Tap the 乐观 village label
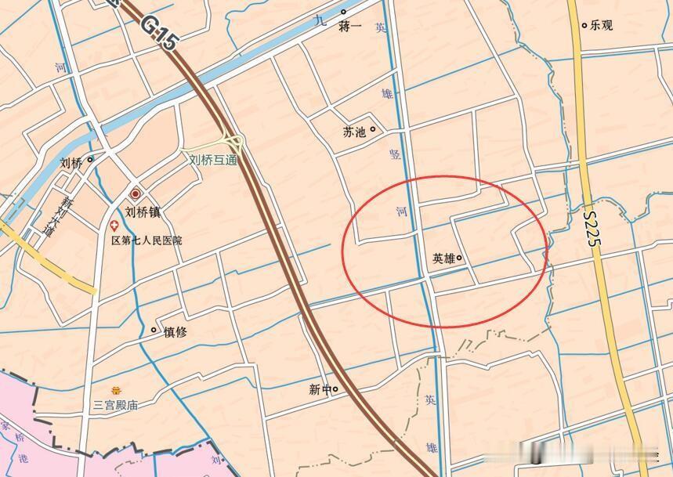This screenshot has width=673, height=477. point(602,25)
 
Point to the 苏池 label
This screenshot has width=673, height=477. point(354,132)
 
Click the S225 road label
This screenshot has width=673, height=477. point(592,228)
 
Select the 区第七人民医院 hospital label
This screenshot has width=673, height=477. point(147,240)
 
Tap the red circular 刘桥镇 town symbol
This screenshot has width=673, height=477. point(136,193)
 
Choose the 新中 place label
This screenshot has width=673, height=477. point(320,389)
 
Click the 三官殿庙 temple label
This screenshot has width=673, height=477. point(116,405)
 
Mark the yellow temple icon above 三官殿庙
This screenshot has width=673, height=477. point(117,389)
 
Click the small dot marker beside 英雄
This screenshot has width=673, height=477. point(460,258)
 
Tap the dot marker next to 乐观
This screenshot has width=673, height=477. point(584,25)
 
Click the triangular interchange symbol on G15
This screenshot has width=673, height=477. point(233,142)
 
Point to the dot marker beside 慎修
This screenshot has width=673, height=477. point(154,331)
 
